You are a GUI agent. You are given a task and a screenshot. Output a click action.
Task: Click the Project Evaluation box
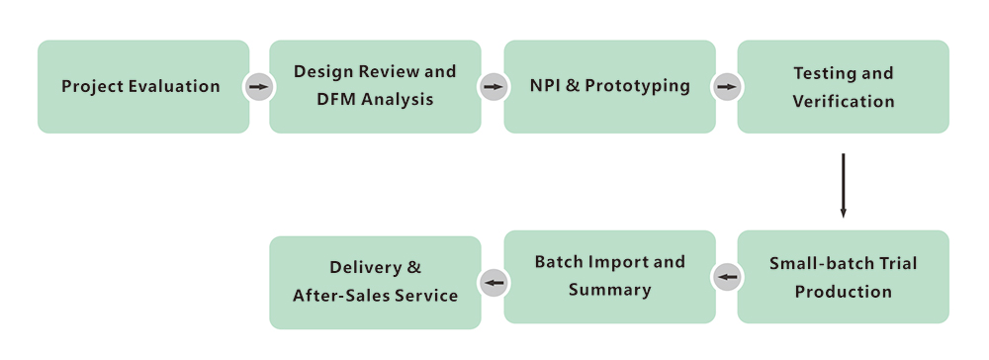point(142,86)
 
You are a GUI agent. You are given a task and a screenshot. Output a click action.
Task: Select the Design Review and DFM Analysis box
point(375,86)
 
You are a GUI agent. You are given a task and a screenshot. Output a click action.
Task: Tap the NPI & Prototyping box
point(609,86)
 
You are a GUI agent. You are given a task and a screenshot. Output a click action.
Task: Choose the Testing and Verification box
point(843,86)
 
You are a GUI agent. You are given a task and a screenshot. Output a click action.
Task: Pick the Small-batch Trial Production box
point(843,277)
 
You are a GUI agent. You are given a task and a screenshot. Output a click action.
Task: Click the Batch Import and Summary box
point(609,277)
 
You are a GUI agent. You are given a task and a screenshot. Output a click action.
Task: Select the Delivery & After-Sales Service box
point(375,282)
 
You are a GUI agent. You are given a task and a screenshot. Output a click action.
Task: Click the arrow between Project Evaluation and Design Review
point(259,87)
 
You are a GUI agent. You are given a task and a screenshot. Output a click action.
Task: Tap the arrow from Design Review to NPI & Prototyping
point(493,87)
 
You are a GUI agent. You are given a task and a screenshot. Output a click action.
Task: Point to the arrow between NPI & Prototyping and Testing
point(727,87)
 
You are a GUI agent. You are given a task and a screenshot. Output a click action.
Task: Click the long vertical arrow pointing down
point(843,185)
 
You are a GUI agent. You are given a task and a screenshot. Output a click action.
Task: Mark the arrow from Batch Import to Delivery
point(493,283)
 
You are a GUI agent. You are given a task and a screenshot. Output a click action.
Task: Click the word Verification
point(843,101)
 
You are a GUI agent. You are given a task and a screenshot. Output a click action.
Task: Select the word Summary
point(609,290)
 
